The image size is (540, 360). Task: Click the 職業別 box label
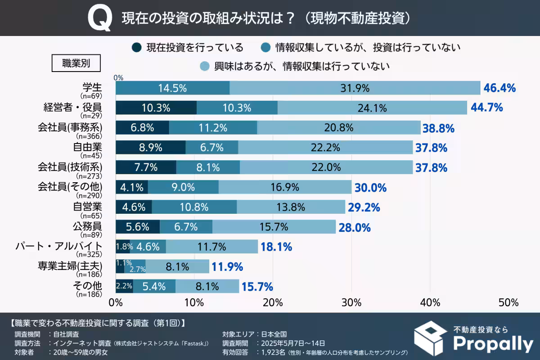pos(76,63)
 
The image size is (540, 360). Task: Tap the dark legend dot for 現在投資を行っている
pos(137,47)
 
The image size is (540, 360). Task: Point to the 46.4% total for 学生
pos(499,88)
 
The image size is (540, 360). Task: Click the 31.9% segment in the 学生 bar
pos(355,88)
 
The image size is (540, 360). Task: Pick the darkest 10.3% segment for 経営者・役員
pos(156,108)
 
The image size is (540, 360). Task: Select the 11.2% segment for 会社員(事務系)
pos(212,128)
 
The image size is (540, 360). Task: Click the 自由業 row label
pos(88,147)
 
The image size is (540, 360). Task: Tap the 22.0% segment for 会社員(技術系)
pos(326,167)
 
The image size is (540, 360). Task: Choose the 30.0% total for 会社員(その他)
pos(371,188)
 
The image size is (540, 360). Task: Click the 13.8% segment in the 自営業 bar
pos(291,207)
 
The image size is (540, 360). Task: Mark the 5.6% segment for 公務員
pos(138,227)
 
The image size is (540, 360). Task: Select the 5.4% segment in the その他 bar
pos(154,286)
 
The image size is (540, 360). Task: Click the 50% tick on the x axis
pos(508,301)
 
